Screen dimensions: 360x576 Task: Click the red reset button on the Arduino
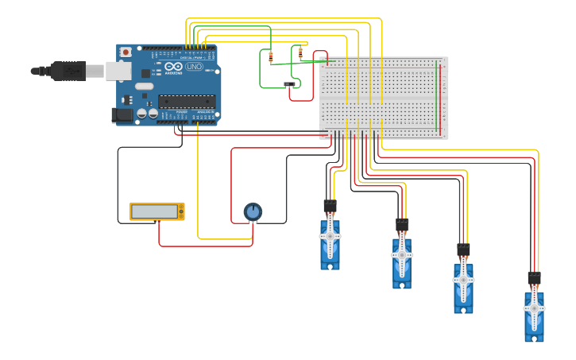(x=125, y=52)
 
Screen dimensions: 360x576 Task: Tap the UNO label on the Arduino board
(x=194, y=67)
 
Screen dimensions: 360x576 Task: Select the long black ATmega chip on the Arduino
(x=187, y=101)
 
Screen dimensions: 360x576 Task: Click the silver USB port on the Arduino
(x=118, y=71)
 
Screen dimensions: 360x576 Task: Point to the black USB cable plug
(x=68, y=71)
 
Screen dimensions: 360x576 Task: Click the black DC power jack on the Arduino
(x=122, y=115)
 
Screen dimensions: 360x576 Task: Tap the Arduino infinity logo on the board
(x=174, y=67)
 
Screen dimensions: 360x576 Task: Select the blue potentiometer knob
(x=253, y=211)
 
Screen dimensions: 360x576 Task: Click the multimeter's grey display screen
(x=154, y=211)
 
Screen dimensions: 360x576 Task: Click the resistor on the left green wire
(x=271, y=56)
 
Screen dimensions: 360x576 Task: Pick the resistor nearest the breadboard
(x=300, y=53)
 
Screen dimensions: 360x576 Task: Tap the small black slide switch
(x=289, y=83)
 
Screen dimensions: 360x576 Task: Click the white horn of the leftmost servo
(x=330, y=237)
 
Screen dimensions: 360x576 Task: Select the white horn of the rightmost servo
(x=534, y=309)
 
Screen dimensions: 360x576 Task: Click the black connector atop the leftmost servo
(x=330, y=207)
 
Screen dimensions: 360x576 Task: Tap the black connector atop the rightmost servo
(x=534, y=279)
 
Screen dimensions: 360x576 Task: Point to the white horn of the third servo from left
(x=463, y=280)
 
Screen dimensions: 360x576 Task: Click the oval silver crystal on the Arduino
(x=144, y=86)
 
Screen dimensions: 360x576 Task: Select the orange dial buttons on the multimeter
(x=181, y=211)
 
